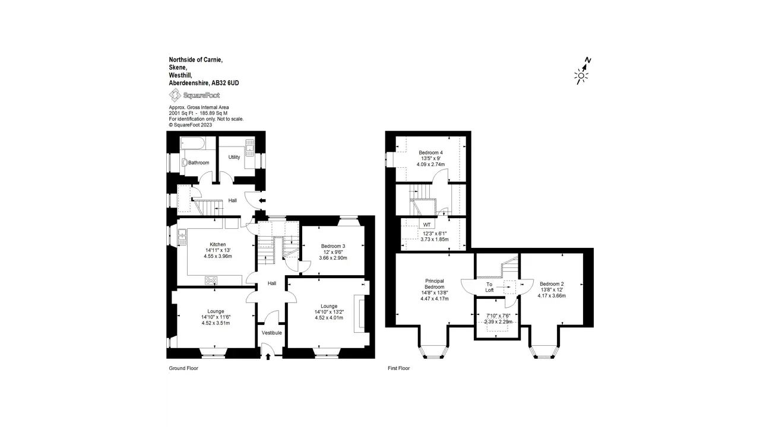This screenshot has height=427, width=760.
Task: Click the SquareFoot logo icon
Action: pos(175,95)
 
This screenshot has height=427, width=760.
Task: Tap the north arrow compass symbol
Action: pos(582,71)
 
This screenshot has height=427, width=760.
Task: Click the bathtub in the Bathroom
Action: pos(192,143)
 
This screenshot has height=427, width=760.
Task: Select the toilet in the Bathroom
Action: pos(184,162)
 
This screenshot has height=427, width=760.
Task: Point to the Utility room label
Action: pos(234,157)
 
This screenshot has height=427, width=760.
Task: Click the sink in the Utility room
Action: pos(249,148)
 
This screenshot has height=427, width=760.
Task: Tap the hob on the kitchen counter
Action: pos(211,281)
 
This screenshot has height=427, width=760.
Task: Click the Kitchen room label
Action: pos(218,244)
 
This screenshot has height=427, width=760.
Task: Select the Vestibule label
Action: pos(272,333)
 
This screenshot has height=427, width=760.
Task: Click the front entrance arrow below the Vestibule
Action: pos(268,356)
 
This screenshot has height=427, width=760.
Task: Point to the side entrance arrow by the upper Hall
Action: pos(262,200)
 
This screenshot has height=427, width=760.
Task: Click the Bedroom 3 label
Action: pos(333,246)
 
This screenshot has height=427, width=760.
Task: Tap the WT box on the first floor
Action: pos(427,225)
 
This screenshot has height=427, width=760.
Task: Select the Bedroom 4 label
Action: pos(430,152)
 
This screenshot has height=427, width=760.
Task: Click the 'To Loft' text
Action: pos(489,287)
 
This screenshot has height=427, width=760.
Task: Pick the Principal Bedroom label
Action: pos(435,284)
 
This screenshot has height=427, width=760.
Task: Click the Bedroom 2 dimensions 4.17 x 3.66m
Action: pos(552,295)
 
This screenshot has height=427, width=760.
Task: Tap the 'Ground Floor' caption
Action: pos(183,368)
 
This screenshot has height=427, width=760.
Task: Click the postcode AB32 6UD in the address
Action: pos(225,83)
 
